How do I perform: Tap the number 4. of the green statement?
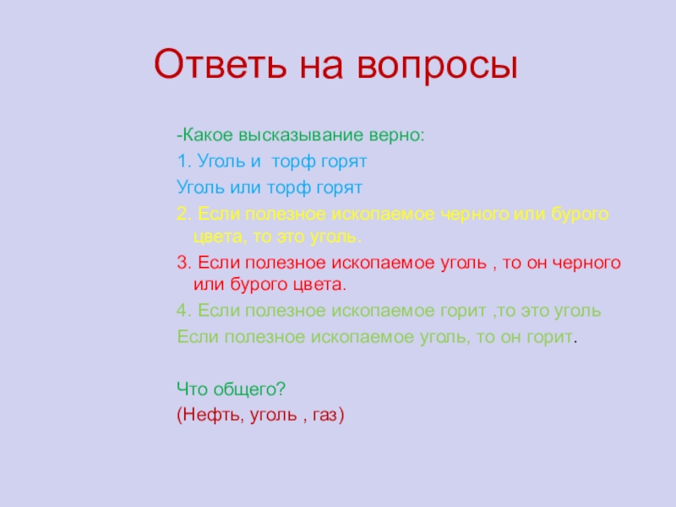[x=183, y=310]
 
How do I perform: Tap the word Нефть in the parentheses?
[x=207, y=414]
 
